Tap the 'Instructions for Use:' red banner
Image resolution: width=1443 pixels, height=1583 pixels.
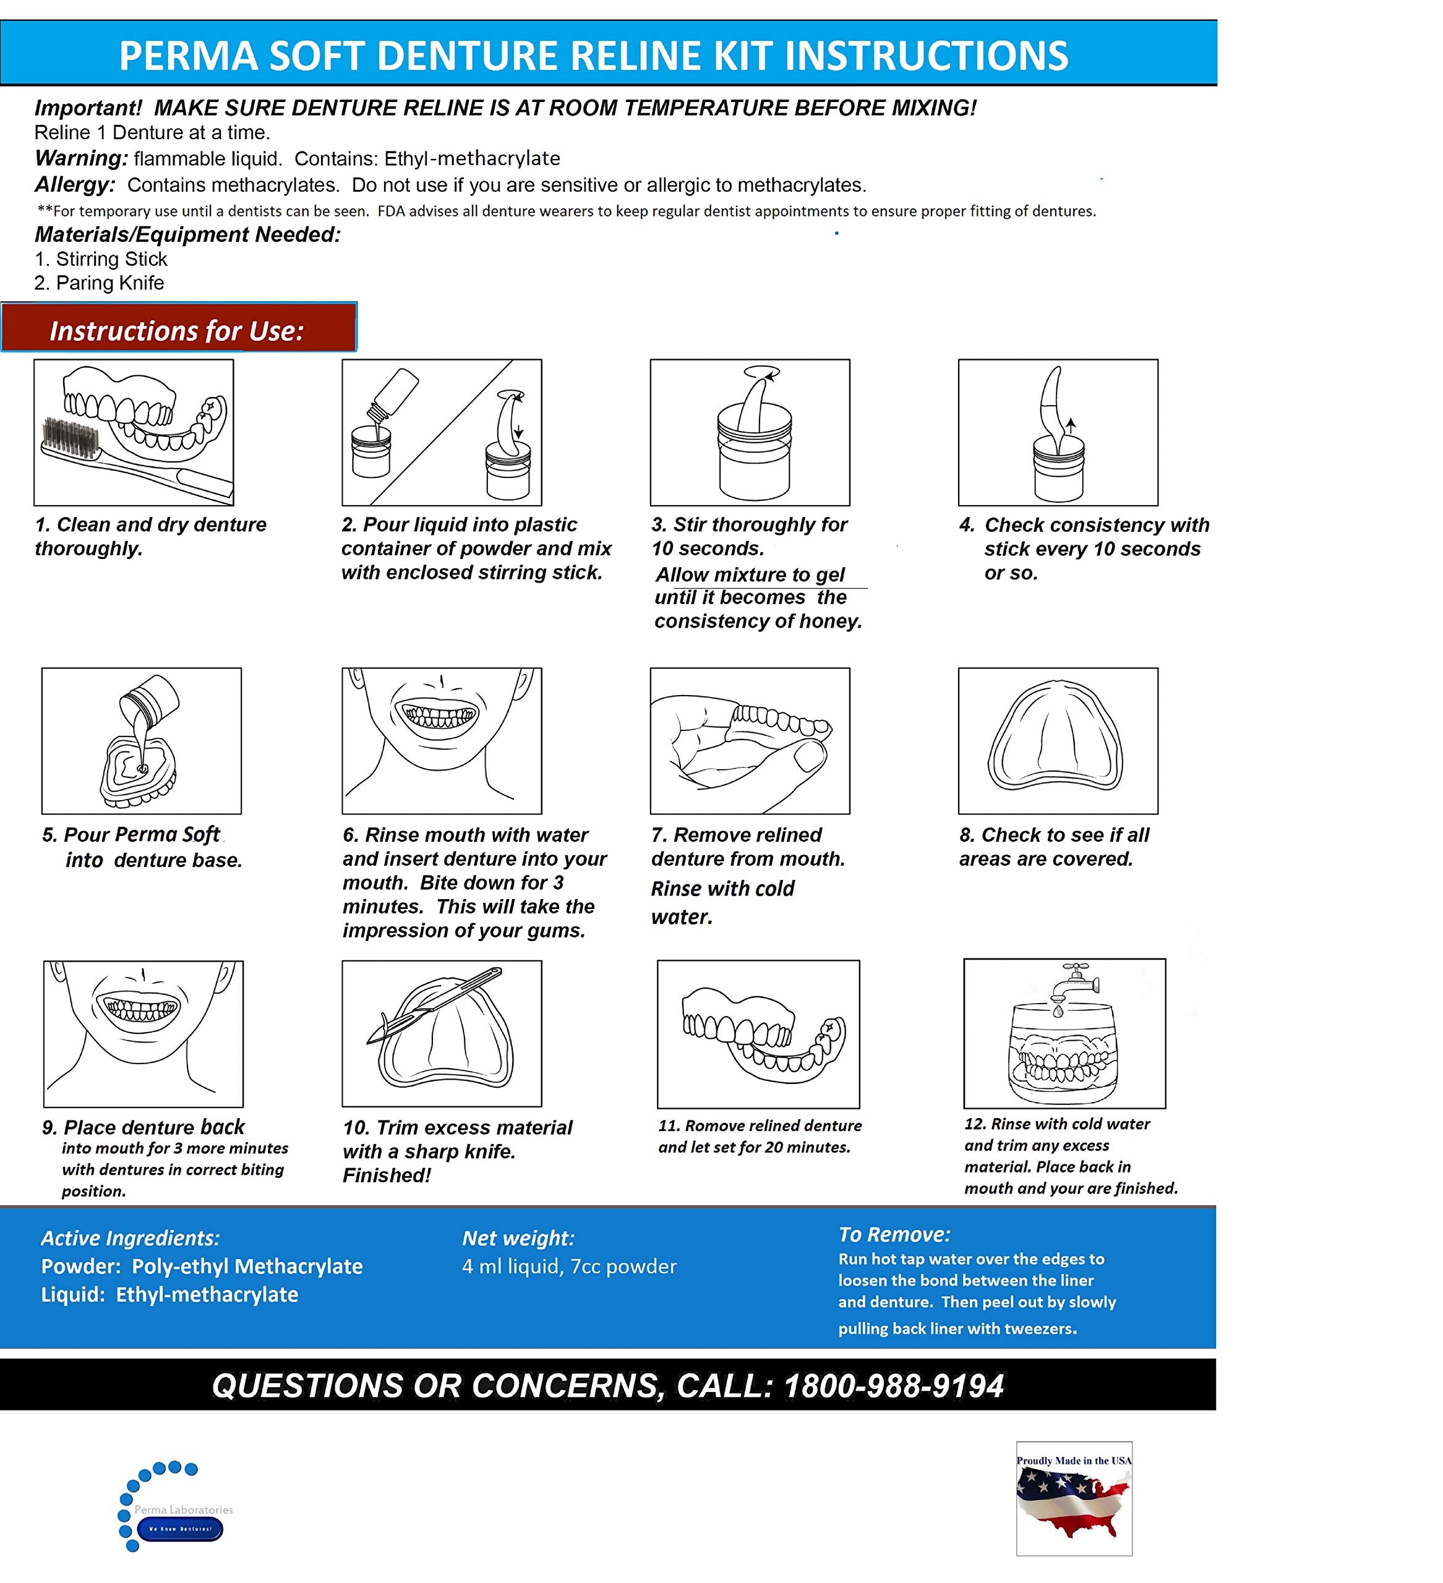coord(178,330)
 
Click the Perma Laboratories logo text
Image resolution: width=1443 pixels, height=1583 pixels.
coord(183,1509)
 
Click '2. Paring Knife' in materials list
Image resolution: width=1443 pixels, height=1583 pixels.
coord(99,283)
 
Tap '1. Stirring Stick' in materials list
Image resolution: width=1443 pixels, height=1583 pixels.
coord(101,259)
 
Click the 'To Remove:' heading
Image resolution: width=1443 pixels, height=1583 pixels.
coord(894,1234)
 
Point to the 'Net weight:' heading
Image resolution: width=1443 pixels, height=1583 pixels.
coord(518,1239)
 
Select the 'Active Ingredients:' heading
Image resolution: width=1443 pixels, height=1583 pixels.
coord(131,1239)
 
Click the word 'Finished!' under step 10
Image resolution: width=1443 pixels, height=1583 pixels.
coord(387,1176)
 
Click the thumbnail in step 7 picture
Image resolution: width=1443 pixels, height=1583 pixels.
coord(809,757)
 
